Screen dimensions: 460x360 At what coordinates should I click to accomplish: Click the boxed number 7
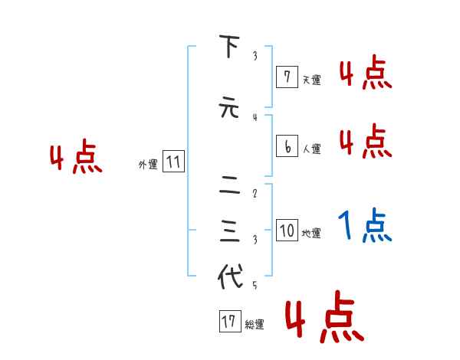tap(287, 77)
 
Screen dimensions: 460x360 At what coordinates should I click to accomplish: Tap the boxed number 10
tap(287, 231)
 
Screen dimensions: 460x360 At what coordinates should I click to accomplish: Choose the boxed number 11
tap(173, 162)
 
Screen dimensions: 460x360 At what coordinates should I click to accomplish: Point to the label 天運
tap(311, 80)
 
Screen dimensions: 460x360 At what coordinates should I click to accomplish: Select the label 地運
tap(311, 234)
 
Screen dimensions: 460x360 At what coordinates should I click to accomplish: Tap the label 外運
tap(148, 165)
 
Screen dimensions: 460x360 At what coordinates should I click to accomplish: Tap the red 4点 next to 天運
tap(366, 74)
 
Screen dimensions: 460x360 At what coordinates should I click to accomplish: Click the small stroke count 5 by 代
tap(255, 286)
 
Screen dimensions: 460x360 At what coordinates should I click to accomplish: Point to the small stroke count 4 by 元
tap(255, 117)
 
